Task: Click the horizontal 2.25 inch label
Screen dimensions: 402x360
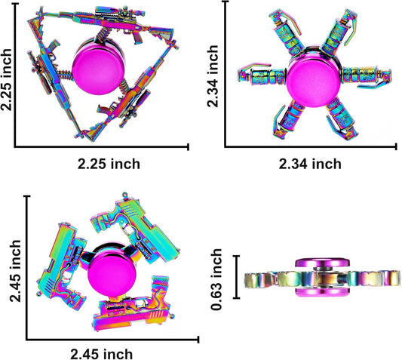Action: pos(109,164)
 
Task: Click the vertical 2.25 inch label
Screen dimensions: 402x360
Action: pos(6,79)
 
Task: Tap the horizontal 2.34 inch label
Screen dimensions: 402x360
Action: pos(310,164)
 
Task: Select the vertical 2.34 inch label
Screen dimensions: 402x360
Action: pos(213,76)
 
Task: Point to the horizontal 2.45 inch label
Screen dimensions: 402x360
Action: pos(102,355)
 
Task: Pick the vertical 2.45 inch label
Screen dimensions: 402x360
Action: pos(15,271)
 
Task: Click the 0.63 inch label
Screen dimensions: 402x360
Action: pos(216,279)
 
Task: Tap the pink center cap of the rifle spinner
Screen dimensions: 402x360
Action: pos(98,69)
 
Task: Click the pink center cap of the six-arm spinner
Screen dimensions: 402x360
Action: pos(313,79)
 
